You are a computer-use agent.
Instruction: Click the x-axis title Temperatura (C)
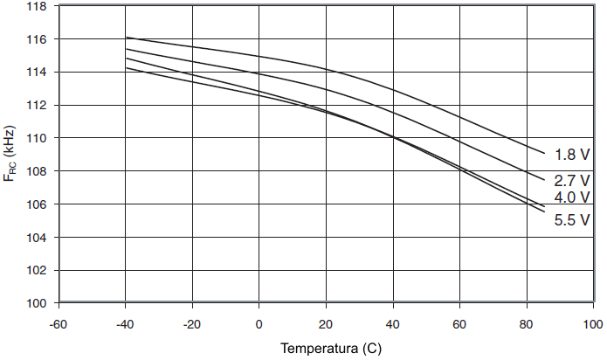[331, 349]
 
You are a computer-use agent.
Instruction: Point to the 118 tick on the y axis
[38, 6]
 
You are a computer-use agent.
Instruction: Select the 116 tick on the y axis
[38, 39]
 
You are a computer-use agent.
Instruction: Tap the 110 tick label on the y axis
[38, 138]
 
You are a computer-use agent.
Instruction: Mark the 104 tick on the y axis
[38, 237]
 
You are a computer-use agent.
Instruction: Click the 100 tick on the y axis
[38, 303]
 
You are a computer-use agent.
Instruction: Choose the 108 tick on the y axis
[38, 171]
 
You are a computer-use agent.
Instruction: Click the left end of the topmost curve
[127, 38]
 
